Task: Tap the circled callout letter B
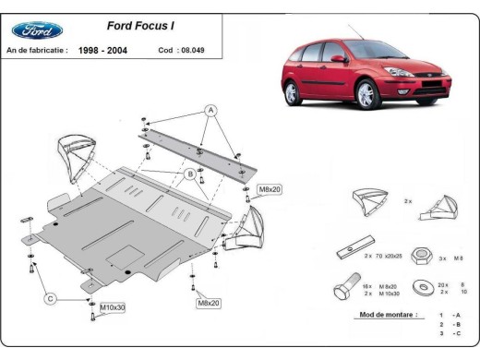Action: (189, 173)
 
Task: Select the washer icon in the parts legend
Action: (426, 287)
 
